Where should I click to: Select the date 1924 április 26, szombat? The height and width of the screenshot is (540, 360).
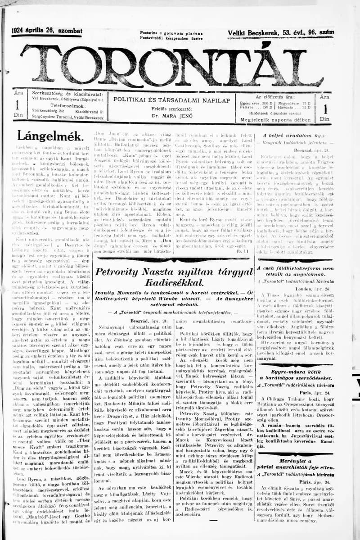pyautogui.click(x=47, y=31)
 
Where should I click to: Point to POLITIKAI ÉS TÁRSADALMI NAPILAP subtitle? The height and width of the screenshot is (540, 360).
pyautogui.click(x=171, y=100)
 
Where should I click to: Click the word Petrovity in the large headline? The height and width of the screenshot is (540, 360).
pyautogui.click(x=121, y=272)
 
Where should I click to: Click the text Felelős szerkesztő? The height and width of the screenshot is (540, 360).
pyautogui.click(x=171, y=109)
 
